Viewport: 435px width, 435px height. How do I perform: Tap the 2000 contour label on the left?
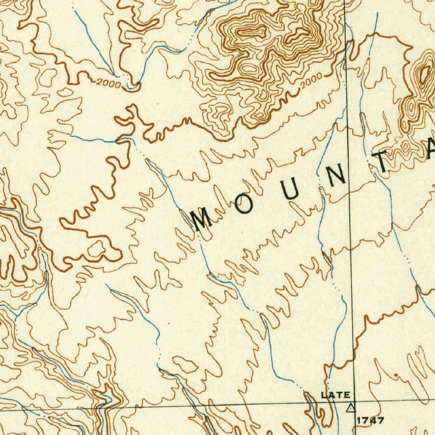(x=108, y=83)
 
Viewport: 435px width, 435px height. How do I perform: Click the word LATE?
(x=336, y=395)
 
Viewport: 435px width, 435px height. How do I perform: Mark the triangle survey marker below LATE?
(x=350, y=409)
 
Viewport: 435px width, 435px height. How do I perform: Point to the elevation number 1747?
(x=370, y=421)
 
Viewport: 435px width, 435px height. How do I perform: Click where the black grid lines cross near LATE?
(x=353, y=401)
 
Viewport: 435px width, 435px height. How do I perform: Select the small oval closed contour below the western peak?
(x=248, y=68)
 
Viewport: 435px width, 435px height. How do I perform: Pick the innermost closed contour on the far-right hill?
(x=424, y=74)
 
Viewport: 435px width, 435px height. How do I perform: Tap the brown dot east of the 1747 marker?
(x=396, y=376)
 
